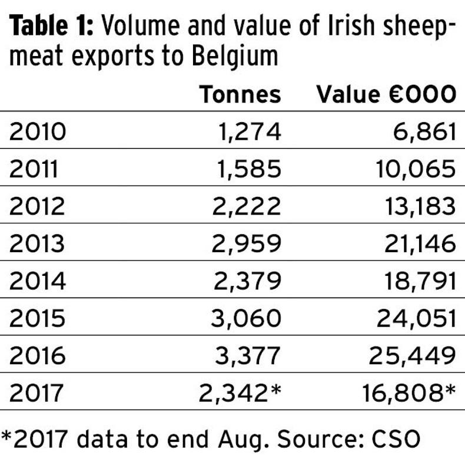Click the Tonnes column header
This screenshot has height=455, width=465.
pyautogui.click(x=241, y=94)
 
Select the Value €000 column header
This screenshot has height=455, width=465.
pyautogui.click(x=386, y=94)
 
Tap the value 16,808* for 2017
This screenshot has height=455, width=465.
pyautogui.click(x=411, y=393)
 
